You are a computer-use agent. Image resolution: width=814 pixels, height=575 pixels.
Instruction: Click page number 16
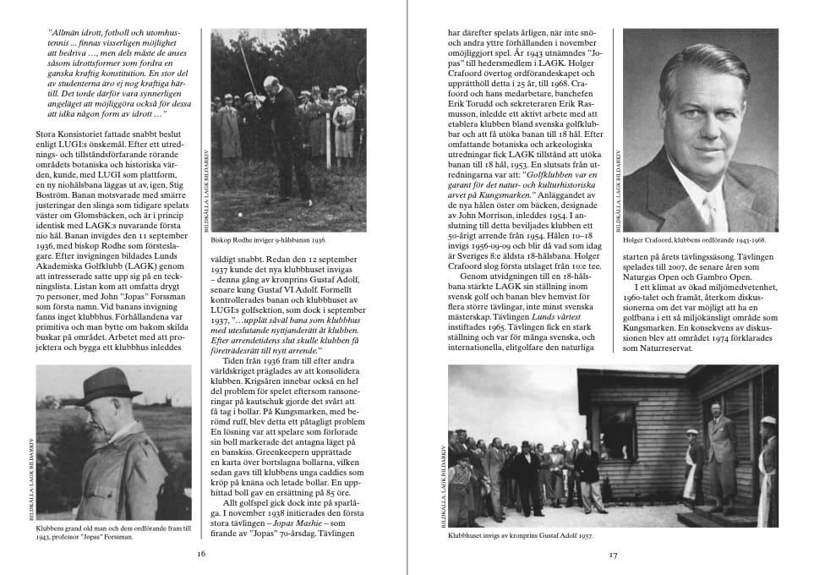click(x=201, y=555)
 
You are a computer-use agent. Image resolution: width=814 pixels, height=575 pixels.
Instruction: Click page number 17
click(x=613, y=555)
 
